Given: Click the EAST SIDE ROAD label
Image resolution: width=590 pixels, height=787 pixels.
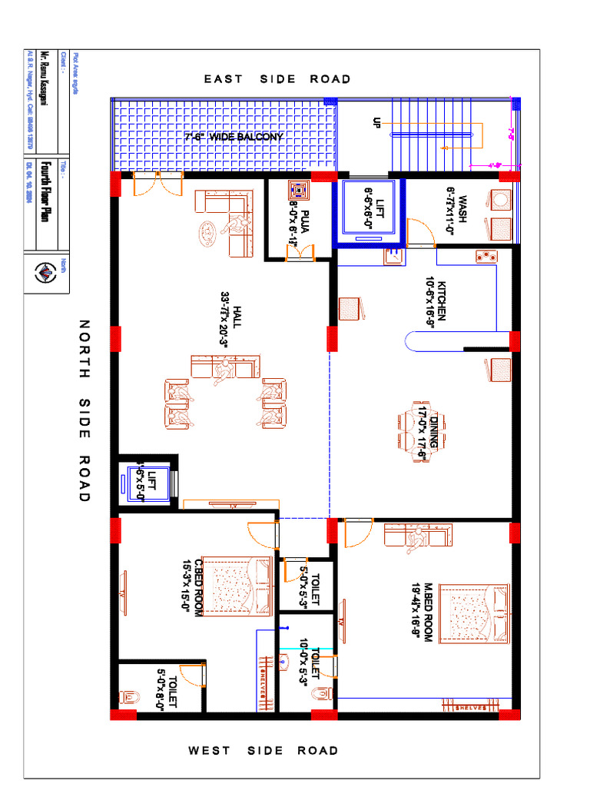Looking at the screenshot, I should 277,79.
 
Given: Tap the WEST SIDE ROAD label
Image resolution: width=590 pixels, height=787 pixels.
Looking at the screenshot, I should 264,750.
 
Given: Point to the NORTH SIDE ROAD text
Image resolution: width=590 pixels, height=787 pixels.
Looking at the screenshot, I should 84,411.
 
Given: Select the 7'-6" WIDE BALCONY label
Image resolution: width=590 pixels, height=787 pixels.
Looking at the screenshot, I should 234,137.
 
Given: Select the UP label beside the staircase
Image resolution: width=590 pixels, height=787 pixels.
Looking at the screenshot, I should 376,124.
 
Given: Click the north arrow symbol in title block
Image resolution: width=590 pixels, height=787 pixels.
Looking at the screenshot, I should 45,273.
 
